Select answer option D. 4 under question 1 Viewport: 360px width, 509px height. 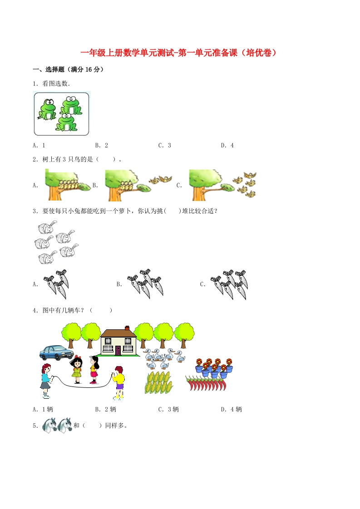point(227,146)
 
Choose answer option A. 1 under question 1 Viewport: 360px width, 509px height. point(39,146)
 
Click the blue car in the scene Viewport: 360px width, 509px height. point(56,352)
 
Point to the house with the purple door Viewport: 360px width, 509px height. point(118,342)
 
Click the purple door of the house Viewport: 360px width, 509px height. point(118,350)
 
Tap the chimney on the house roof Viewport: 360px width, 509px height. point(127,328)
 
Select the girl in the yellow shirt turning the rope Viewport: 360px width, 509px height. point(118,382)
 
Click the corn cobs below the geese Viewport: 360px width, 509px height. point(158,382)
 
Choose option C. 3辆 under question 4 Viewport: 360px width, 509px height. point(168,409)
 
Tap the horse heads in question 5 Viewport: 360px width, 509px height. point(57,426)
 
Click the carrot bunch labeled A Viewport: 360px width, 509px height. point(57,282)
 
